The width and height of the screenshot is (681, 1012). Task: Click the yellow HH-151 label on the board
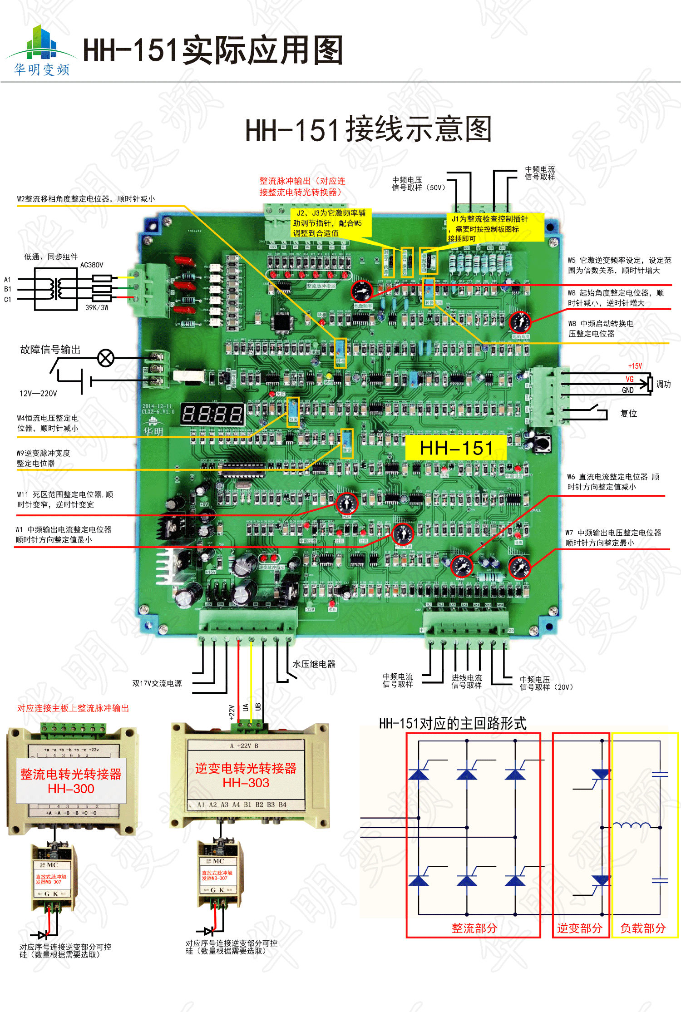[x=456, y=448]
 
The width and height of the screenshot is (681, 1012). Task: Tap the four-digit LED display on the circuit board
[x=212, y=414]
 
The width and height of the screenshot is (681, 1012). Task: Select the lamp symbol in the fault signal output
[x=106, y=358]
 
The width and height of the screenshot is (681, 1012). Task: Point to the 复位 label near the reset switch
[x=629, y=414]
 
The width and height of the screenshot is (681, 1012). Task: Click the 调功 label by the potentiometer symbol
[x=663, y=384]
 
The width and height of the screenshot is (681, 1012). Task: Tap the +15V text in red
[x=635, y=366]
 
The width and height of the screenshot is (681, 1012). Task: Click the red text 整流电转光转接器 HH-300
[x=71, y=781]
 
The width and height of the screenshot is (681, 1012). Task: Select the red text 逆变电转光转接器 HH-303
[x=246, y=775]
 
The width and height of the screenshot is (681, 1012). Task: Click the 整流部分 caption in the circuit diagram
[x=474, y=928]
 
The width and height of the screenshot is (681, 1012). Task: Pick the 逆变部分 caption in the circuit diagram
[x=580, y=928]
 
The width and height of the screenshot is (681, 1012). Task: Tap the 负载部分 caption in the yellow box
[x=643, y=928]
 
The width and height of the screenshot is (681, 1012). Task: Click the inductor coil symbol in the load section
[x=632, y=825]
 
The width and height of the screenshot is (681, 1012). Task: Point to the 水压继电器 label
[x=314, y=664]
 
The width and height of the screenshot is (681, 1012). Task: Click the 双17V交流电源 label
[x=157, y=683]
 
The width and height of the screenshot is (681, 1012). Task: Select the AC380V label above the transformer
[x=92, y=265]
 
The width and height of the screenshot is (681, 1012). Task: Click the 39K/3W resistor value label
[x=97, y=307]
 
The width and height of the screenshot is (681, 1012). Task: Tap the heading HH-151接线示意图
[x=368, y=130]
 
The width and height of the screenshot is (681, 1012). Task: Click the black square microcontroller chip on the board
[x=282, y=322]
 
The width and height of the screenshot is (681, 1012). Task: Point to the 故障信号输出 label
[x=50, y=350]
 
